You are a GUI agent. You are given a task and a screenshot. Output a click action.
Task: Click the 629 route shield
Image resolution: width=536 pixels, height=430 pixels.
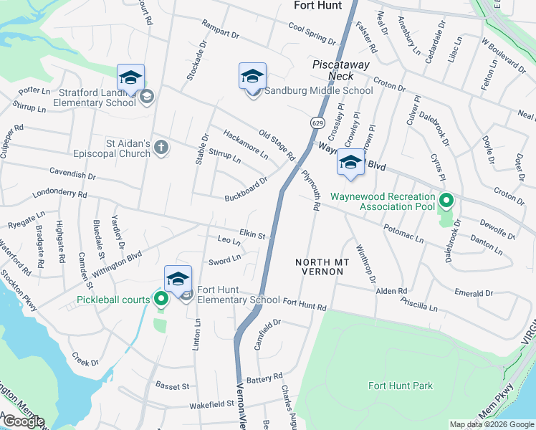[x=317, y=123]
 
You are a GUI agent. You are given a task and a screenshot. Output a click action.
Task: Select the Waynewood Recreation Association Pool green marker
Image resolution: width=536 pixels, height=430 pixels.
[x=447, y=201]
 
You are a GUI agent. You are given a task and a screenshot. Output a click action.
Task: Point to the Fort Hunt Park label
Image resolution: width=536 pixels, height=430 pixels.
[x=401, y=386]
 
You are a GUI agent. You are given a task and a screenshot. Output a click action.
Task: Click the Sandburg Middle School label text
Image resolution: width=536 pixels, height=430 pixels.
[x=319, y=91]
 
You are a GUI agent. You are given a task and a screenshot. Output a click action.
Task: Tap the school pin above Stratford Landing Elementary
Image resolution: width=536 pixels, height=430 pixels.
[x=131, y=77]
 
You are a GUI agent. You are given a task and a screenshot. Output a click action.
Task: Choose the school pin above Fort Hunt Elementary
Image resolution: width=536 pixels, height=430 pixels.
[x=178, y=279]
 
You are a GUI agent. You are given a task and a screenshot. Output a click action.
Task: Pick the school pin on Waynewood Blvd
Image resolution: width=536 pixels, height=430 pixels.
[x=350, y=163]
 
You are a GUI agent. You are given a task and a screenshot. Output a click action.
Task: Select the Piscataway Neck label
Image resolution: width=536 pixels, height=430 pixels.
[x=333, y=70]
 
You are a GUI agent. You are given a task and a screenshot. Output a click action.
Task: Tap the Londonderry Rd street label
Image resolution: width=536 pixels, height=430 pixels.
[x=59, y=194]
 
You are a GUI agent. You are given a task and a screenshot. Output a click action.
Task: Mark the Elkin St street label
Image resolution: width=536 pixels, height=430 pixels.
[x=252, y=234]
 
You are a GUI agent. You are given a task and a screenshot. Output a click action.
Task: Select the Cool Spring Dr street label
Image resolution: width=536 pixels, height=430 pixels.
[x=312, y=34]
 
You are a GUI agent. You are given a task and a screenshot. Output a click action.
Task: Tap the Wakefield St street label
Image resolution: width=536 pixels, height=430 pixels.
[x=211, y=404]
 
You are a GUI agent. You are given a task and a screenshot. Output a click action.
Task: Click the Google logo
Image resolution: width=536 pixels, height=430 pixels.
[x=23, y=421]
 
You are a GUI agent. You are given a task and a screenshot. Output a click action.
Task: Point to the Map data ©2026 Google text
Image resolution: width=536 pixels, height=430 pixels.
[x=491, y=424]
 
